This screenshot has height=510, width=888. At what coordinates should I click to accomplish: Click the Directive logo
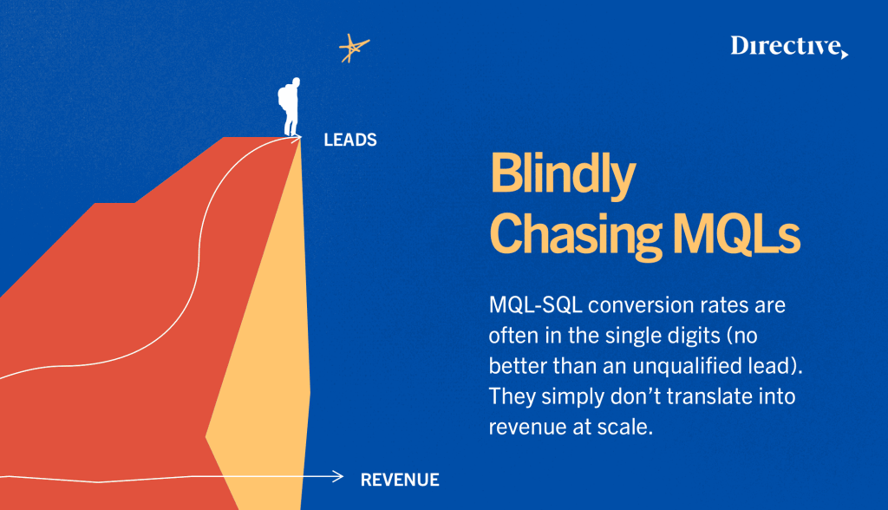789,47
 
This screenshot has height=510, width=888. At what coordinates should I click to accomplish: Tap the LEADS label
350,140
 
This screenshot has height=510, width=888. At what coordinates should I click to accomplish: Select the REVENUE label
400,480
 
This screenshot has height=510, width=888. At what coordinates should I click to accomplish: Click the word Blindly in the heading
563,174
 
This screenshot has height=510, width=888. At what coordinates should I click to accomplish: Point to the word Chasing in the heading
576,235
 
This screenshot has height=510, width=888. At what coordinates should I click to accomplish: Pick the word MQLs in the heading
736,233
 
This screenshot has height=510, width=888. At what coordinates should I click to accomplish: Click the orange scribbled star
354,49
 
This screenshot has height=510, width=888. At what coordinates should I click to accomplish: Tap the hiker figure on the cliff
290,107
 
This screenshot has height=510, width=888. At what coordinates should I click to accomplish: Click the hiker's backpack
283,99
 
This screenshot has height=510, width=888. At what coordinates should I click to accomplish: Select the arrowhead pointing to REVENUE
338,476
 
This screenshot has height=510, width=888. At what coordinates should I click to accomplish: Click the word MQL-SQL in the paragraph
535,305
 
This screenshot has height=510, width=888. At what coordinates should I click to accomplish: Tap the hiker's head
296,82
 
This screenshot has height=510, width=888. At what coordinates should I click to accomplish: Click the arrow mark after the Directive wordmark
845,54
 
